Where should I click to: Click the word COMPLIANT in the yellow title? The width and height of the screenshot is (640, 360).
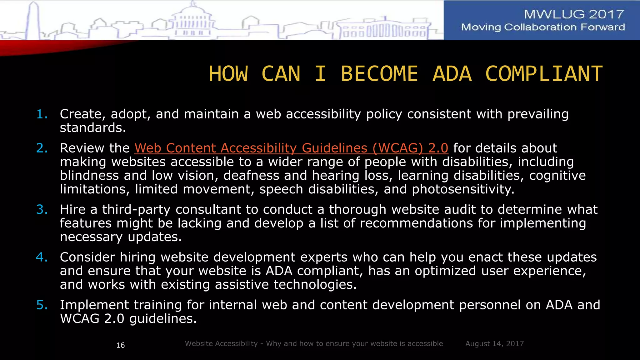544,74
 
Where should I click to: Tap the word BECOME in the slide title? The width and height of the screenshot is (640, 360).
379,74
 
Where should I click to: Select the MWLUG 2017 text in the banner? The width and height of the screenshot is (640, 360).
574,14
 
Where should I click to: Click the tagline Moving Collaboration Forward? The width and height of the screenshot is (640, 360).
543,27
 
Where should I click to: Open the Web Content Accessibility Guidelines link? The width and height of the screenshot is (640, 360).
291,148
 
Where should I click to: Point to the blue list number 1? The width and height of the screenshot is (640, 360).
42,114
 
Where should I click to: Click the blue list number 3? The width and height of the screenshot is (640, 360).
42,209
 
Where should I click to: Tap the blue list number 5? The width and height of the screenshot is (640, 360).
42,305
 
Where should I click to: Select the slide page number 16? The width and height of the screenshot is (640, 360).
120,345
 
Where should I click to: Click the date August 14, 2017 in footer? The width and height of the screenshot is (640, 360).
494,344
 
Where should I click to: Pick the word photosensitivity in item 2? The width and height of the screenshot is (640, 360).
463,189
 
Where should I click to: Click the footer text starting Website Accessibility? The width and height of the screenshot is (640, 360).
314,344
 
